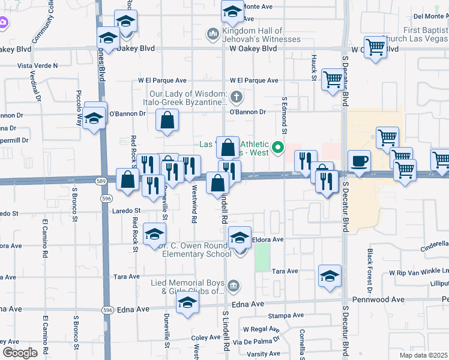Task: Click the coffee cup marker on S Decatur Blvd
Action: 359,161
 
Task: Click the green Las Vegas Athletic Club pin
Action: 278,147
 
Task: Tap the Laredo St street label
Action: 125,211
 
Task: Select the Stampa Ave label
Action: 286,315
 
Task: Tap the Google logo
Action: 20,353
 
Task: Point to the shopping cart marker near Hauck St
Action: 332,79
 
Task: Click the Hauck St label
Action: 314,68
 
